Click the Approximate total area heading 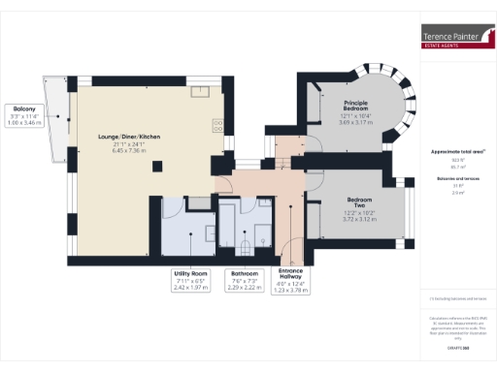(457, 152)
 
